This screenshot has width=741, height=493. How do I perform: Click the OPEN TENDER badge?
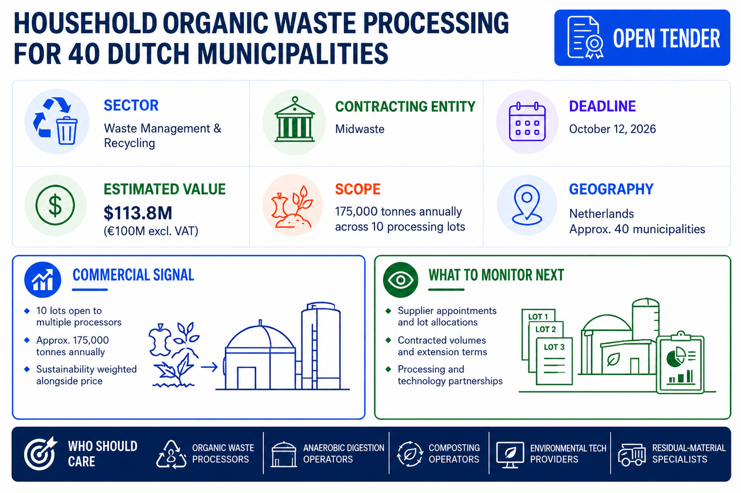tap(642, 38)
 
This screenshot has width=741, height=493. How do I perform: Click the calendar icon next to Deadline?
tap(527, 121)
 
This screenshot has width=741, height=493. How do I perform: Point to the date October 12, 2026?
tap(612, 129)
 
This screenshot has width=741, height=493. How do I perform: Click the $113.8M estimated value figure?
tap(138, 213)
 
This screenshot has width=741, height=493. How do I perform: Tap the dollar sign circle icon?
tap(55, 205)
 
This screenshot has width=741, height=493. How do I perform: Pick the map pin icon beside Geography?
tap(526, 205)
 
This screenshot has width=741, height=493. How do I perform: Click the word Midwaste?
tap(360, 129)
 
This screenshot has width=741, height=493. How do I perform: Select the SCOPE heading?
tap(358, 189)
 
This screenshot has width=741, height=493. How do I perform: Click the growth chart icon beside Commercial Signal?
tap(43, 280)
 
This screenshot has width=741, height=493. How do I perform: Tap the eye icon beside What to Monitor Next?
tap(401, 280)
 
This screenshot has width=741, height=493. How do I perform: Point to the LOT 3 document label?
tap(554, 347)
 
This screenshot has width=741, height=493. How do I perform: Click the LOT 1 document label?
tap(538, 317)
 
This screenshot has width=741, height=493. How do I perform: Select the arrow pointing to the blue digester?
tap(209, 367)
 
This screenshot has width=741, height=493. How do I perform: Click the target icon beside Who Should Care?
tap(40, 453)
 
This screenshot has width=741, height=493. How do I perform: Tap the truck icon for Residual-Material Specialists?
tap(632, 454)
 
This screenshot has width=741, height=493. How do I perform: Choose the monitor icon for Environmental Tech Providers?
tap(510, 454)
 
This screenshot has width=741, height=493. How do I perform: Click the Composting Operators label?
tap(454, 453)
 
